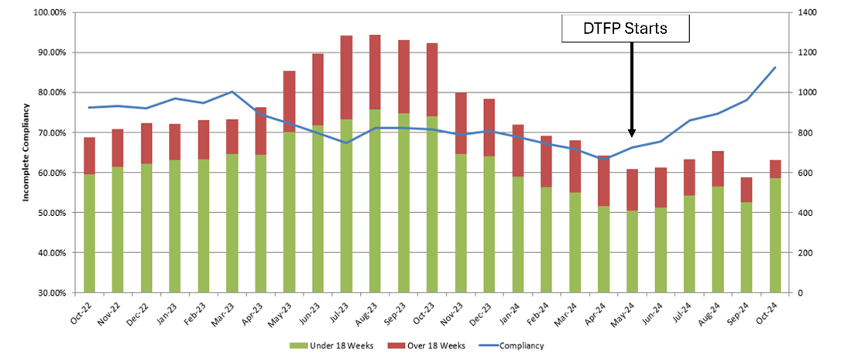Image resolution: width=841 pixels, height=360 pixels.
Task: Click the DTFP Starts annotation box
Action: [x=625, y=29]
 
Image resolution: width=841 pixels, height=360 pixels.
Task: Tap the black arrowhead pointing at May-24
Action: [x=632, y=132]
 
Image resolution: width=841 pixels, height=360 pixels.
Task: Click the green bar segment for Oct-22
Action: [x=90, y=232]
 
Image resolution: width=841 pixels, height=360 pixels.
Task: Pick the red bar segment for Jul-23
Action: [x=346, y=77]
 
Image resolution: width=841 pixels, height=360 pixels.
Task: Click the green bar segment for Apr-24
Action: [x=604, y=248]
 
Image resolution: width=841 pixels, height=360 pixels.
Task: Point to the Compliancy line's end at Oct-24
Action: [x=775, y=67]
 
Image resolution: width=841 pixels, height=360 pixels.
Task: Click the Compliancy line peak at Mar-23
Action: [x=232, y=92]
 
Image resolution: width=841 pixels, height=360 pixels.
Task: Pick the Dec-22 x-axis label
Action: [x=142, y=313]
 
